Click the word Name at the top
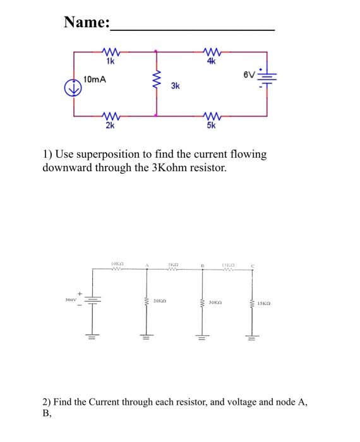(x=86, y=23)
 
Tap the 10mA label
(x=95, y=80)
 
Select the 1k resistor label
(x=111, y=62)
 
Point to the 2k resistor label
(x=111, y=126)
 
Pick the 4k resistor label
(x=211, y=62)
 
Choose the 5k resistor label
(x=211, y=126)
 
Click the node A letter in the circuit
(x=147, y=264)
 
